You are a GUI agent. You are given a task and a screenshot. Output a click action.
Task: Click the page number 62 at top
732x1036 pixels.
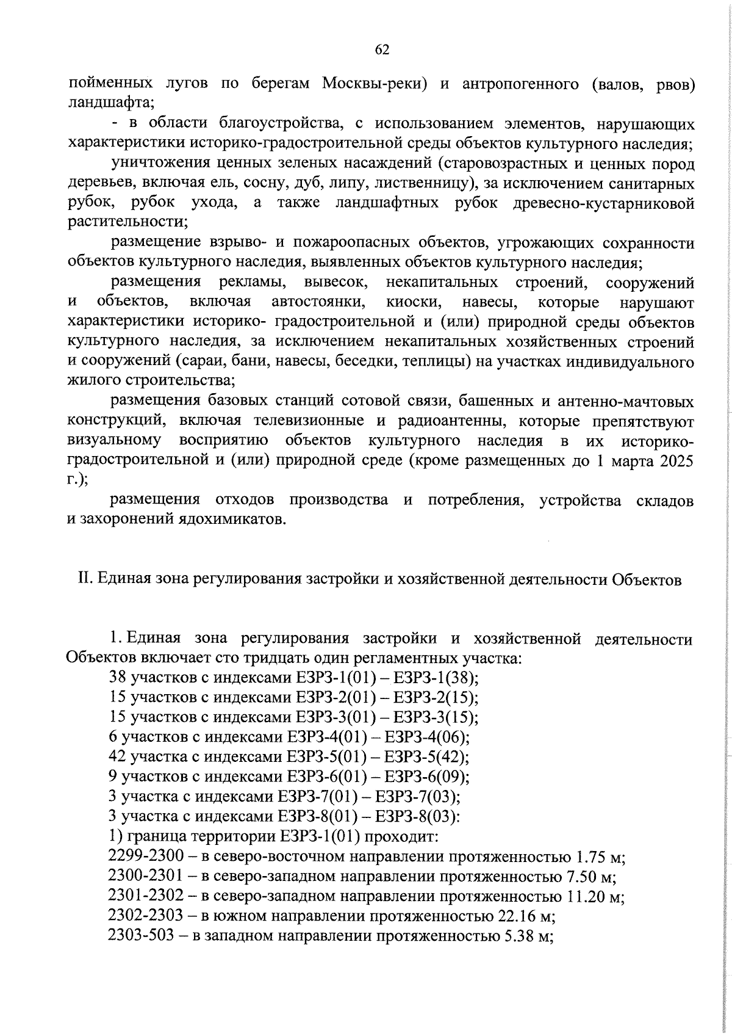(x=382, y=50)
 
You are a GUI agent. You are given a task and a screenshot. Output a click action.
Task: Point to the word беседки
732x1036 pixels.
(x=368, y=362)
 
